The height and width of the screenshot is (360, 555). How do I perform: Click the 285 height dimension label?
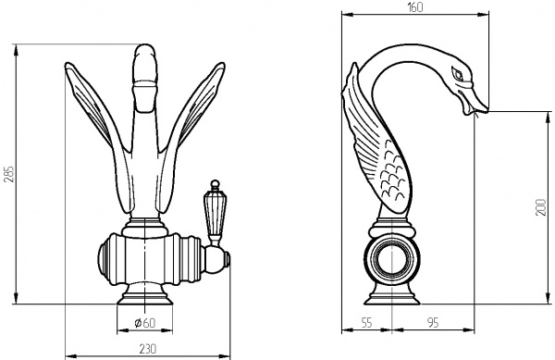click(x=9, y=174)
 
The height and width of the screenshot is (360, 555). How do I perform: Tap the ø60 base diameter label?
click(x=145, y=322)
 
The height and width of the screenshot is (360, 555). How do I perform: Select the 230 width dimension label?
click(x=147, y=349)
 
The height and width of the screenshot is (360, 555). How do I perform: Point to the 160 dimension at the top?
click(x=414, y=7)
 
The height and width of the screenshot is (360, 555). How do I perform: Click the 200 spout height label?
click(x=541, y=207)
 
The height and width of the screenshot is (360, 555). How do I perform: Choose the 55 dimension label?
click(x=366, y=322)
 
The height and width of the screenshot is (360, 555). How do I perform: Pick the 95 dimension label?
click(x=433, y=322)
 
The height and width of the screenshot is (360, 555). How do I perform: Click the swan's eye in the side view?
click(x=457, y=74)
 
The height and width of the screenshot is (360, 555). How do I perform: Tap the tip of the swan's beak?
click(x=487, y=111)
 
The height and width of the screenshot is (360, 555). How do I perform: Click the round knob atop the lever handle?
click(x=215, y=184)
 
